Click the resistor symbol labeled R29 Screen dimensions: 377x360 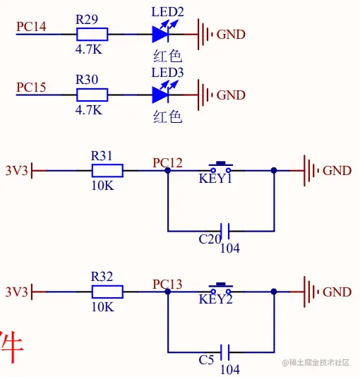[x=92, y=34]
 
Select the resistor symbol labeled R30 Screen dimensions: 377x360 [x=92, y=95]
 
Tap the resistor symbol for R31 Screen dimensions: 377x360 [x=107, y=170]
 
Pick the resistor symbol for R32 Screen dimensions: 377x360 [x=107, y=291]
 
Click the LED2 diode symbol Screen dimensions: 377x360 [x=162, y=34]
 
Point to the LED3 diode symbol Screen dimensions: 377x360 [x=162, y=95]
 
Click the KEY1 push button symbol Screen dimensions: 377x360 [x=220, y=168]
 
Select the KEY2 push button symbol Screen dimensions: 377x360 [x=220, y=289]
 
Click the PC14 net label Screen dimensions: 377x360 [x=32, y=27]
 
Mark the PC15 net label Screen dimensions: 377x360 [x=32, y=88]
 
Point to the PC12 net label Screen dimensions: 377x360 [x=167, y=163]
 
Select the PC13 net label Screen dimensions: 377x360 [x=167, y=284]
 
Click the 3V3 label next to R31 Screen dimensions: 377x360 [x=16, y=170]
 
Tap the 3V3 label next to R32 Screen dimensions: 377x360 [x=16, y=291]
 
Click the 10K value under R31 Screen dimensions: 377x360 [x=102, y=186]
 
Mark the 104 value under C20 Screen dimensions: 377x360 [x=230, y=248]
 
